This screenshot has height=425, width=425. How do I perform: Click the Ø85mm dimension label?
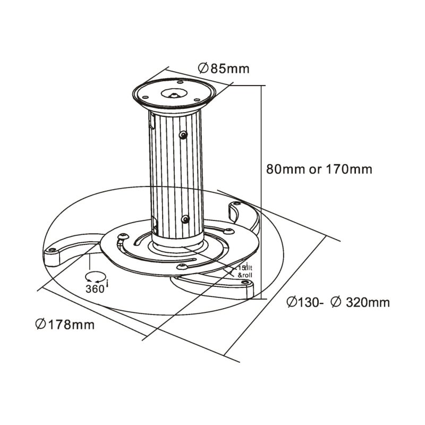coord(223,69)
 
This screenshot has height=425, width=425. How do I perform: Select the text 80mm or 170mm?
coord(319,170)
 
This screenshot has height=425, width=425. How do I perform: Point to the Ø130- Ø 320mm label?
coord(338,303)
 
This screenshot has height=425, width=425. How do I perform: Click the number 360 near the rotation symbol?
coord(95,288)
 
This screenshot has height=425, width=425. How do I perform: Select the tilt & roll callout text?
coord(244,271)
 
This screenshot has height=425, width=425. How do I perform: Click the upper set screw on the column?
coord(183,135)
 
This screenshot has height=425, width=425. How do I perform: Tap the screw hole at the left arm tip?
coord(52,250)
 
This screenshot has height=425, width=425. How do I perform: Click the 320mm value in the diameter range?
coord(368,303)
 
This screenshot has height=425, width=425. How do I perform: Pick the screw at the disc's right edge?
coord(228,231)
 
